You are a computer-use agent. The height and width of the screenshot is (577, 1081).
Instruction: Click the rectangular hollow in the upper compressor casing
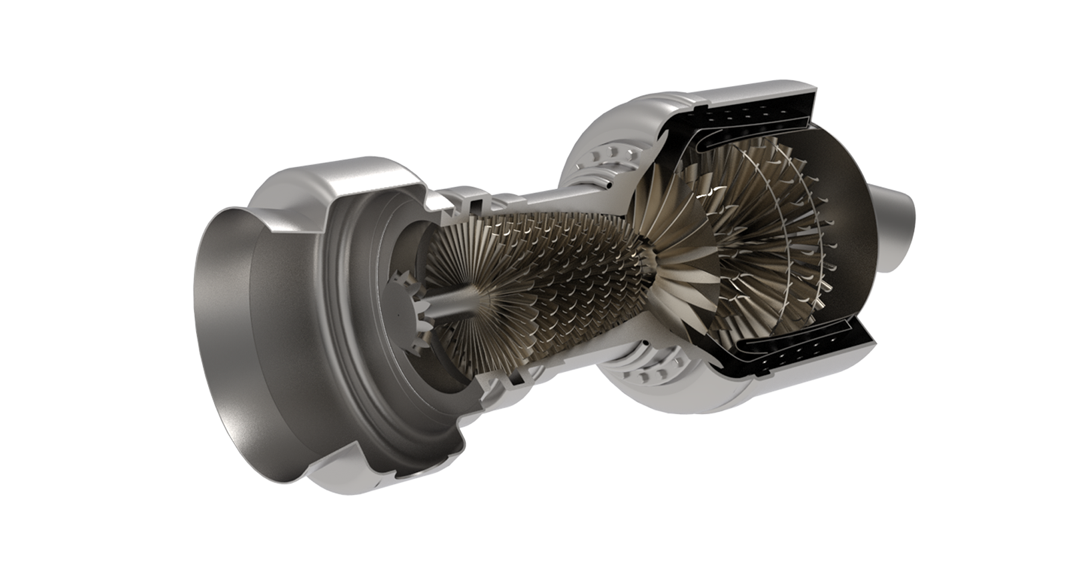476,200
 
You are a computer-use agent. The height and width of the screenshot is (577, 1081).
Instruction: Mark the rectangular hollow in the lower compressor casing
512,380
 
